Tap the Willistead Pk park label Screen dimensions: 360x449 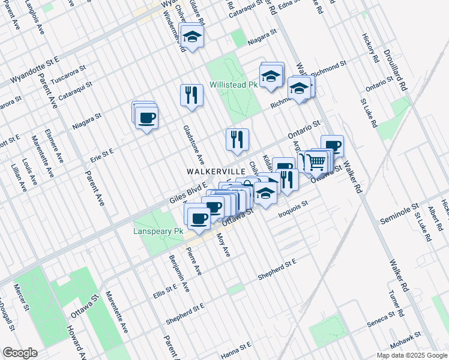pyautogui.click(x=233, y=85)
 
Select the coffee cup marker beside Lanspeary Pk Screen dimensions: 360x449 pyautogui.click(x=198, y=218)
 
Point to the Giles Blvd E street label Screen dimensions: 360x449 pyautogui.click(x=188, y=194)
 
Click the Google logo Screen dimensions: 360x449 pyautogui.click(x=20, y=353)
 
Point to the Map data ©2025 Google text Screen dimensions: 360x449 pyautogui.click(x=411, y=355)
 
